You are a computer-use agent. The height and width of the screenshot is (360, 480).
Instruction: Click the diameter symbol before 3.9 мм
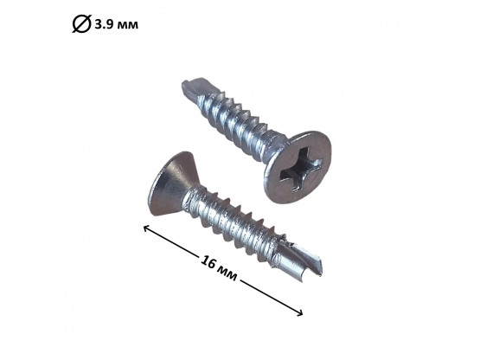pos(82,23)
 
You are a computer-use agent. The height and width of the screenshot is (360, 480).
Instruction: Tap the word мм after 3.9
pos(128,25)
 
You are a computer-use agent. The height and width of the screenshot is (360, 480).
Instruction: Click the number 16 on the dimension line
pos(208,263)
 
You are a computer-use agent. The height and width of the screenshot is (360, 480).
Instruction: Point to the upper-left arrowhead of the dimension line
pos(145,228)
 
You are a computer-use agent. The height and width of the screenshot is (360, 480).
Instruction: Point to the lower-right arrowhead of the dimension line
pos(301,312)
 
